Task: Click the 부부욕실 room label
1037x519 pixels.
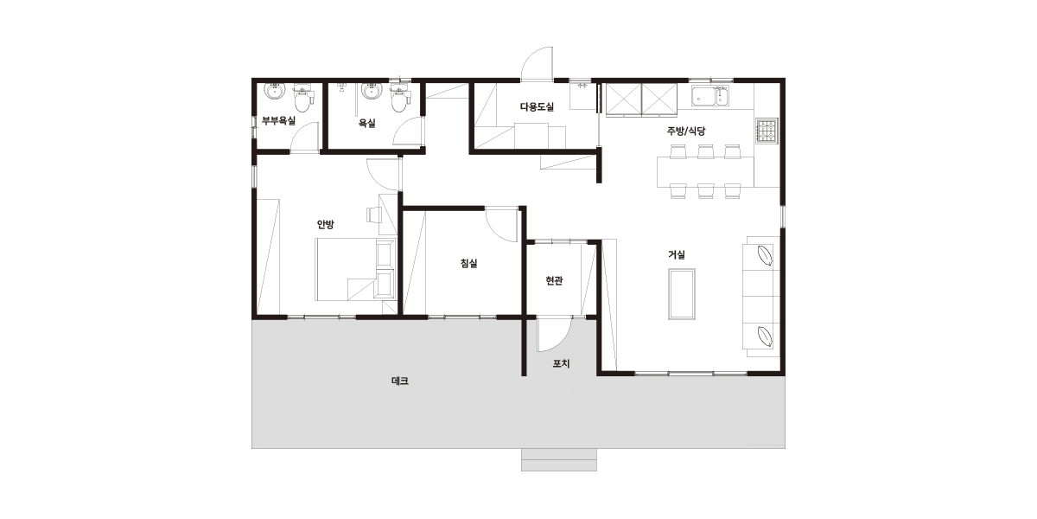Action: click(278, 121)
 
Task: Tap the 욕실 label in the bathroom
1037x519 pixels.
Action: click(366, 123)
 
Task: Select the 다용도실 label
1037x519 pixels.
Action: click(537, 106)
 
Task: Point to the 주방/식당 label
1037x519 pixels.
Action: click(686, 131)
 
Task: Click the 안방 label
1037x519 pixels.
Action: click(325, 224)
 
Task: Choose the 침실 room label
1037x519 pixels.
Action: click(468, 263)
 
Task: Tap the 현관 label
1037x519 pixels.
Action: click(554, 280)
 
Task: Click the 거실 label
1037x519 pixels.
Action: click(677, 254)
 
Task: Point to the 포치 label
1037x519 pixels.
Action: click(561, 364)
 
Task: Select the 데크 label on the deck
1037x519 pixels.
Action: click(400, 381)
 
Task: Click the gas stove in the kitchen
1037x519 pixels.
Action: click(767, 131)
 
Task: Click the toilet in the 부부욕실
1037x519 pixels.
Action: click(302, 99)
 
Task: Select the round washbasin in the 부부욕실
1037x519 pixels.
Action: click(275, 92)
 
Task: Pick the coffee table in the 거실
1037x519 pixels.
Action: click(682, 294)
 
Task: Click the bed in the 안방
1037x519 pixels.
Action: click(355, 269)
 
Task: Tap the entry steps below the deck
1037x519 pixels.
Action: click(559, 459)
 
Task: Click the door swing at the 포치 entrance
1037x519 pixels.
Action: click(554, 335)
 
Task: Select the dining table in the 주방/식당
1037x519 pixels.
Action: click(705, 172)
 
